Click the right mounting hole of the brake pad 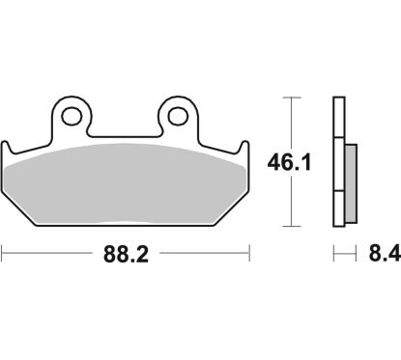177,117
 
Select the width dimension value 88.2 126,256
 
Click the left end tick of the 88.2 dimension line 3,256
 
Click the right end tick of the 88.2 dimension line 251,256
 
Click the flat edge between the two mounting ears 126,136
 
